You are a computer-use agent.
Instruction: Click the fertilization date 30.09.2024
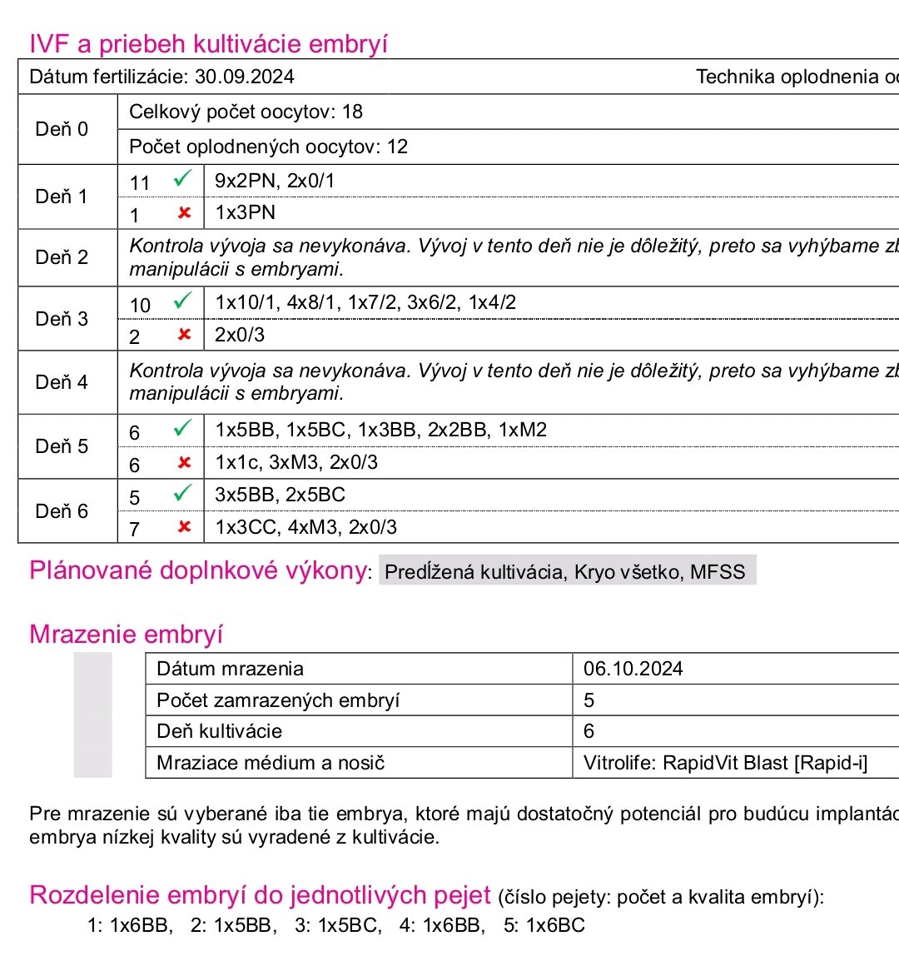point(244,77)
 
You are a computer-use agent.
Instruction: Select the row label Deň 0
point(62,129)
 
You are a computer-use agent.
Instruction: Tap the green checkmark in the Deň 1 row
point(182,179)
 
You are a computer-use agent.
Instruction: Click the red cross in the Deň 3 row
point(185,335)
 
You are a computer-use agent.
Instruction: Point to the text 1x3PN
point(245,212)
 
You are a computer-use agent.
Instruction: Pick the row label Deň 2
point(62,257)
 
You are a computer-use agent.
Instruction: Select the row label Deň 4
point(62,382)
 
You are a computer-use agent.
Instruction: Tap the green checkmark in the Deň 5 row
point(182,429)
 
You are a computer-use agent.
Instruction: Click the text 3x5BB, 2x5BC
point(280,495)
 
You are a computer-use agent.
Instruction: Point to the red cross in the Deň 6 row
point(185,526)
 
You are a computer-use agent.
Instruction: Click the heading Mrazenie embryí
point(126,635)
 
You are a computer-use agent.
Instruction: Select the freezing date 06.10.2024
point(633,669)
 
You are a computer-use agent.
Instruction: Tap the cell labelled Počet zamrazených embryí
point(278,700)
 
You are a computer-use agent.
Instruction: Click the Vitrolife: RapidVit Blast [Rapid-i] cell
point(725,763)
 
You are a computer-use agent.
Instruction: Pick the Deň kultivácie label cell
point(219,731)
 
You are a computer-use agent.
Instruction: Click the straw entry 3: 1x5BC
point(337,925)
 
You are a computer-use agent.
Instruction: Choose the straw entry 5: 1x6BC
point(544,925)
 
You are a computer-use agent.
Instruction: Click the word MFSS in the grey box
point(718,572)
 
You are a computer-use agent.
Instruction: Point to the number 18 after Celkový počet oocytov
point(352,112)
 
